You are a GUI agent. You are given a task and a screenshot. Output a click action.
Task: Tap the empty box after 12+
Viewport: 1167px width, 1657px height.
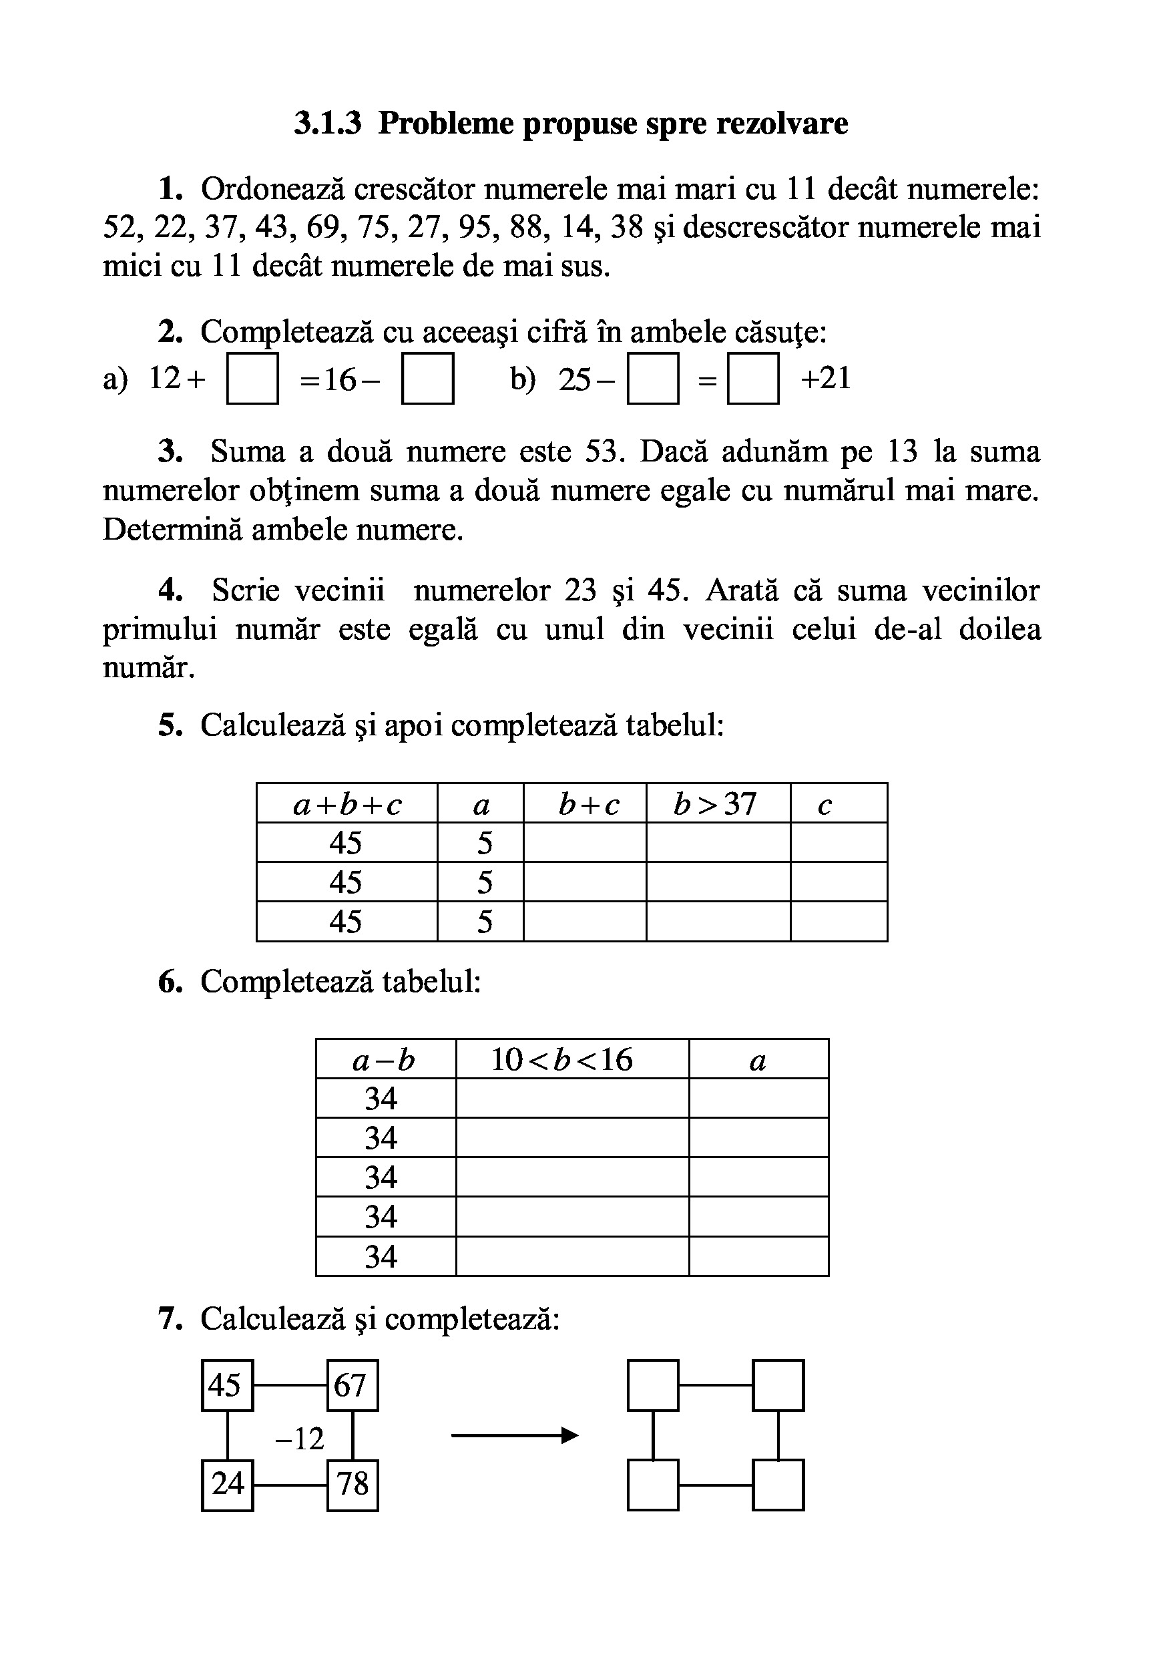[252, 378]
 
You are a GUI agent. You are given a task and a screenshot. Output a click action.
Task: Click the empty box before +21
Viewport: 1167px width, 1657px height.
[752, 378]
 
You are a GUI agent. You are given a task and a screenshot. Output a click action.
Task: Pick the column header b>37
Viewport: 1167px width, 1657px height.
[715, 804]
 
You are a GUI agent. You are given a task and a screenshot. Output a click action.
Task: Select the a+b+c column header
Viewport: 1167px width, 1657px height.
[347, 804]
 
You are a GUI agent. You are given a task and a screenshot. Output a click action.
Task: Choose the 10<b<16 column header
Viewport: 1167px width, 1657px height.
[562, 1060]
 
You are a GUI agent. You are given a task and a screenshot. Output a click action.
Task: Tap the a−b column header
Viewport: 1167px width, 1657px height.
[385, 1060]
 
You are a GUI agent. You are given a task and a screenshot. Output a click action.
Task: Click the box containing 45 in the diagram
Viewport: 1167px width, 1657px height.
[227, 1385]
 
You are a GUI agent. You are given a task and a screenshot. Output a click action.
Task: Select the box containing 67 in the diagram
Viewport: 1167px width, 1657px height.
[353, 1385]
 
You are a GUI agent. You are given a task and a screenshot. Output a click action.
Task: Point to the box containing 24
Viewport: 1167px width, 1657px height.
[227, 1485]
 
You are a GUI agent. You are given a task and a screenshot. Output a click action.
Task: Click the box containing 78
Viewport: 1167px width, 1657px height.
[353, 1485]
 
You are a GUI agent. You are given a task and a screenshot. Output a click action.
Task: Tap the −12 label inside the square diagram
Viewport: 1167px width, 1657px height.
[300, 1439]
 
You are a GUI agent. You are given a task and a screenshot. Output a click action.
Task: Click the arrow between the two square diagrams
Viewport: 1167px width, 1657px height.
[514, 1436]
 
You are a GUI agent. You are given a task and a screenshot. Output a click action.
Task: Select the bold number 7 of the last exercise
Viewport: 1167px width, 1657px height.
[168, 1319]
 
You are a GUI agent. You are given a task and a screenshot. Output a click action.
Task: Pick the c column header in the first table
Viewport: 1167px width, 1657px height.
[825, 804]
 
